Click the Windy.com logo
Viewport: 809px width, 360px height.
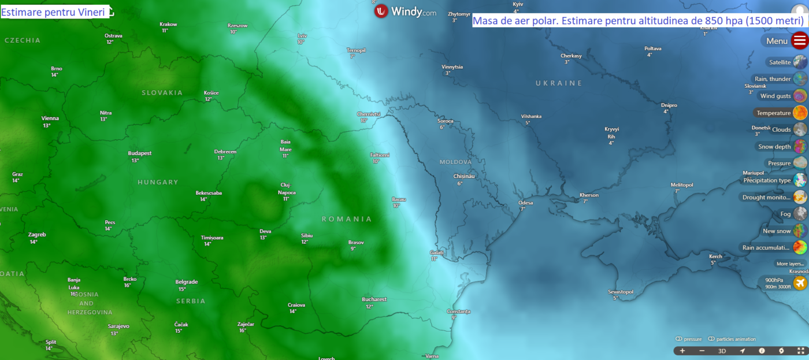[x=404, y=11]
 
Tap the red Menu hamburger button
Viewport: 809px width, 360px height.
[x=800, y=41]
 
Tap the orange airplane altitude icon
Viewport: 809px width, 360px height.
[x=800, y=283]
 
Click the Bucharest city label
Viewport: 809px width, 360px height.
[x=374, y=299]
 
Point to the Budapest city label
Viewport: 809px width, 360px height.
[x=139, y=153]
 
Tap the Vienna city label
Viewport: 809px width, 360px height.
[x=50, y=118]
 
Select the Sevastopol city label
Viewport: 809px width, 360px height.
[x=621, y=292]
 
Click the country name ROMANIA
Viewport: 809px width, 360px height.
[x=347, y=219]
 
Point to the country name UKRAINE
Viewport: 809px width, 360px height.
[x=559, y=83]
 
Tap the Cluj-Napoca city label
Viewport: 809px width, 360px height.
[x=287, y=189]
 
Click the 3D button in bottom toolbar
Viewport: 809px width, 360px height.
[x=722, y=351]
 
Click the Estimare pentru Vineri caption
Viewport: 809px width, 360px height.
[x=53, y=12]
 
